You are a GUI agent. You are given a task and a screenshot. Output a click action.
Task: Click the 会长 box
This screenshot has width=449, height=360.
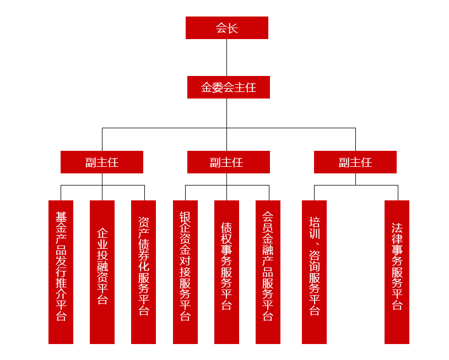coord(227,28)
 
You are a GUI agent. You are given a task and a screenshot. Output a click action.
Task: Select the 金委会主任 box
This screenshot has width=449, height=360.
coord(229,88)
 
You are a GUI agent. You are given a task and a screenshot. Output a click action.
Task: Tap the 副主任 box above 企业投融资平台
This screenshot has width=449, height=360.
coord(102,162)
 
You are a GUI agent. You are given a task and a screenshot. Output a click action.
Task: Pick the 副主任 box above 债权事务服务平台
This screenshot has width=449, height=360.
coord(229,162)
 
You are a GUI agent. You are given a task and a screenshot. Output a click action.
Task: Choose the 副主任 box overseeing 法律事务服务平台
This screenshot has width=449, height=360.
coord(355,162)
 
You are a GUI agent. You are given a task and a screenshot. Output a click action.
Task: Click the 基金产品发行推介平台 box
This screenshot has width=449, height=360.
coord(61,272)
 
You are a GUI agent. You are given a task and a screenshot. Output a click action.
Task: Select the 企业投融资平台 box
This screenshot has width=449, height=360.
coord(102,272)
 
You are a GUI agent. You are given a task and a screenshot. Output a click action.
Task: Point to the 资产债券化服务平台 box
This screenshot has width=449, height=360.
coord(143,272)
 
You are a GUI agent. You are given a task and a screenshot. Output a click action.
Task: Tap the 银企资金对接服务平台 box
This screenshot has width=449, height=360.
coord(185,272)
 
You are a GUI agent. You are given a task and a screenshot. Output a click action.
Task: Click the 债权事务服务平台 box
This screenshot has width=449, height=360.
coord(226,272)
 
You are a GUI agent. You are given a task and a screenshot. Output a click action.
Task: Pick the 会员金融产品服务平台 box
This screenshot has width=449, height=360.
coord(268,272)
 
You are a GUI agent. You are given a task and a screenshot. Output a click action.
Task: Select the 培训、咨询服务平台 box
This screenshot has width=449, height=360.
coord(314,272)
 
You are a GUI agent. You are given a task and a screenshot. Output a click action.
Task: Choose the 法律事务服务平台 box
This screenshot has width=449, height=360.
coord(397,272)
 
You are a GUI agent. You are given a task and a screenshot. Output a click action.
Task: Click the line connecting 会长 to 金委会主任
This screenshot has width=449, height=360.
coord(227,57)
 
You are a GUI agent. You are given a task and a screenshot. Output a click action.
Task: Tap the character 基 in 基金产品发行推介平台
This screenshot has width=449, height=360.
coord(61,217)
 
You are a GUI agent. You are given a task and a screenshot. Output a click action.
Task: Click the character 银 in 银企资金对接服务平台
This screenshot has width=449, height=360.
coord(185,217)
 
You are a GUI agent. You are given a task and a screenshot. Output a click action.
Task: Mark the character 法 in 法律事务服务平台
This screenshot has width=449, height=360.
coord(397,228)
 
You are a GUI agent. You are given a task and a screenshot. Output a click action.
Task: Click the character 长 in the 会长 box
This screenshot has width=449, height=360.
coord(232,28)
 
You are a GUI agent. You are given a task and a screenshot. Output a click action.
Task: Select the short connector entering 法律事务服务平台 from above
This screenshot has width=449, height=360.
coord(398,193)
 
